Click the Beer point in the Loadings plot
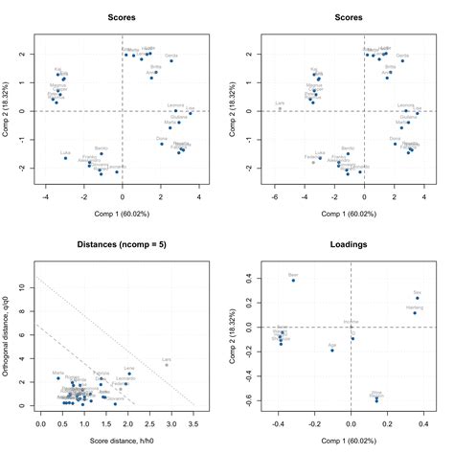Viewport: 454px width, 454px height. coord(294,281)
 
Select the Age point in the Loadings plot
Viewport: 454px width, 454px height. coord(331,350)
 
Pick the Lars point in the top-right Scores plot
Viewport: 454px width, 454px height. coord(280,108)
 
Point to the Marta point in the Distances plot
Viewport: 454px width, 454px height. coord(57,377)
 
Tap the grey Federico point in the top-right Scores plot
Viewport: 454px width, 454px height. coord(312,162)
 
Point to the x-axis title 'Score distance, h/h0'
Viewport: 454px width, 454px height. coord(115,439)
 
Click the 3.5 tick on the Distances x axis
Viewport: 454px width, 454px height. coord(193,421)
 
